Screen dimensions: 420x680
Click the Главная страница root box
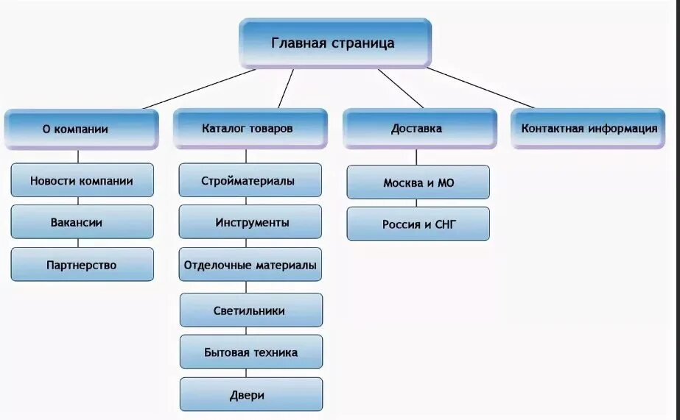[334, 43]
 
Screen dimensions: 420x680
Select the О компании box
[81, 129]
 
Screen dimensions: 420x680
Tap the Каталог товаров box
[250, 129]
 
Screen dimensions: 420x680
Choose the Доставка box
[418, 129]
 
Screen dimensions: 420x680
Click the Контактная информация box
[589, 129]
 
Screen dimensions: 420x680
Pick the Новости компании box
[82, 180]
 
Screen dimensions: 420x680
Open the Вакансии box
[82, 222]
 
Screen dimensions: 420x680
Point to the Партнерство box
[82, 265]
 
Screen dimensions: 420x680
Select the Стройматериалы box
[250, 180]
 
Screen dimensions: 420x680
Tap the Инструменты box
[250, 222]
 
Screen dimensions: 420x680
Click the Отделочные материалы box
[250, 265]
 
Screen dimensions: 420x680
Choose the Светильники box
[250, 310]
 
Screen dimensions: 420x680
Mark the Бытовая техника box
[250, 352]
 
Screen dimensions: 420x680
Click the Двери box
[250, 395]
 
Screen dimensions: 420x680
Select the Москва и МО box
[418, 182]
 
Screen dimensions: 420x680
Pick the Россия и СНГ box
[418, 224]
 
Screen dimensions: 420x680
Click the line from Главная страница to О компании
[199, 89]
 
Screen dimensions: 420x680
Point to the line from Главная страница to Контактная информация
[480, 88]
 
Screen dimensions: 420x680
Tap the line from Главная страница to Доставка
[401, 88]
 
